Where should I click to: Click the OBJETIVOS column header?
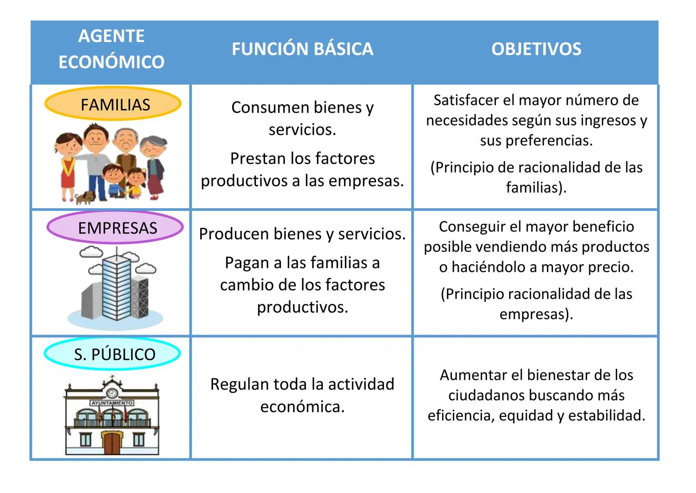point(536,49)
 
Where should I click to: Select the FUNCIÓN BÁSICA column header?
point(302,49)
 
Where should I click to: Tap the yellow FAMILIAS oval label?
point(113,105)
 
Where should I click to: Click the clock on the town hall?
point(112,393)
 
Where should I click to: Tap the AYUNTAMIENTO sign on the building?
point(112,403)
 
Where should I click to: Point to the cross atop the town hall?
point(112,378)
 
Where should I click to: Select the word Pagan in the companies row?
point(247,263)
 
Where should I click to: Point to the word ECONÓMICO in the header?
point(111,62)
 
